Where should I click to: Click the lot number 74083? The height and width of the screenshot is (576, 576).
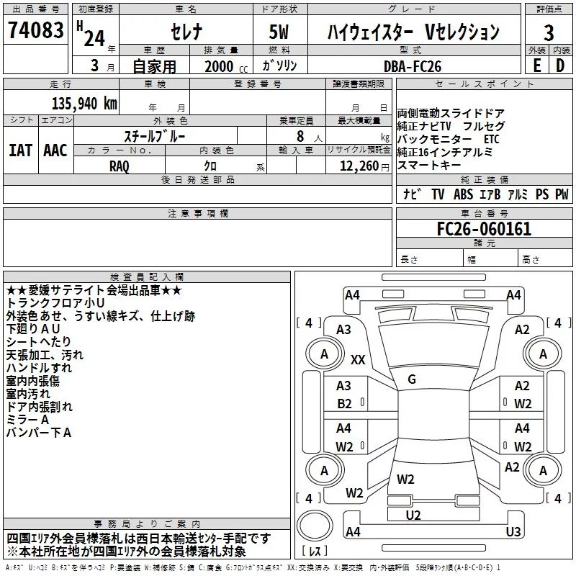[35, 31]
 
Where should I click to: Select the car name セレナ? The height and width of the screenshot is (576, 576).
[185, 32]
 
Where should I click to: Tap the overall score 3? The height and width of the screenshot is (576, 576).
[549, 32]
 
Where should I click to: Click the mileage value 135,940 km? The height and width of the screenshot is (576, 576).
[84, 103]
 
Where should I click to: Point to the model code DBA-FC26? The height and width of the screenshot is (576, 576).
[413, 66]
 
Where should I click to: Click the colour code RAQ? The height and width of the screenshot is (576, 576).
[119, 166]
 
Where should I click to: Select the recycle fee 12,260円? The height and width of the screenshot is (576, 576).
[358, 166]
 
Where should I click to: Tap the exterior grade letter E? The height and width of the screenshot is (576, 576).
[536, 66]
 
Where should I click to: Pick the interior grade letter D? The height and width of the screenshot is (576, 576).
[560, 66]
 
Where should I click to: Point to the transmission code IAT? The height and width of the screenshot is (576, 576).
[20, 150]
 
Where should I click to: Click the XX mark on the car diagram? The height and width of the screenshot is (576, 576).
[358, 359]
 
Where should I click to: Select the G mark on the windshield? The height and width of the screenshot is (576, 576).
[412, 379]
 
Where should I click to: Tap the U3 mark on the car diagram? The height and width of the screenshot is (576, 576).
[513, 532]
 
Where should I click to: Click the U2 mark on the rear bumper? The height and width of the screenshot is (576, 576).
[413, 515]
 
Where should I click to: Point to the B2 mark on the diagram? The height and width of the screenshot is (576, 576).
[345, 403]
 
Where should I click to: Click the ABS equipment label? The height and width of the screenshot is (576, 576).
[463, 194]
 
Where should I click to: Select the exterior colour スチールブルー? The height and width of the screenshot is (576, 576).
[155, 135]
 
